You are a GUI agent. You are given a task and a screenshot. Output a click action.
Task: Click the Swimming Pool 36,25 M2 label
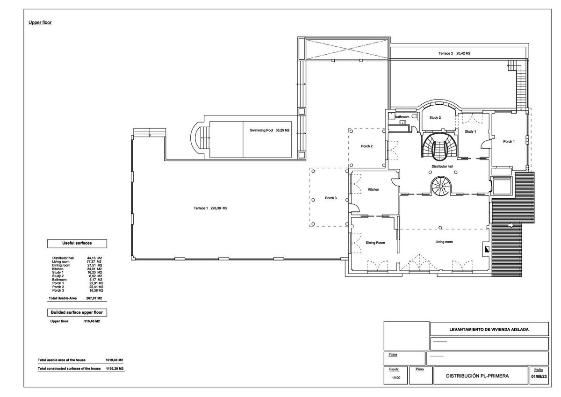[270, 130]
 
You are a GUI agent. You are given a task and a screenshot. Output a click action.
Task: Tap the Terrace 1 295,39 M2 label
[210, 208]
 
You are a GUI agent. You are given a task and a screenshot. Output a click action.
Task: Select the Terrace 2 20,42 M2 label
[454, 54]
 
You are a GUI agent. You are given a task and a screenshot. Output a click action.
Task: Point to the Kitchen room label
[373, 189]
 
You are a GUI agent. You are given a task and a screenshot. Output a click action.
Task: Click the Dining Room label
[375, 243]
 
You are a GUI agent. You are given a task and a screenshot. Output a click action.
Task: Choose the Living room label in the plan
[444, 242]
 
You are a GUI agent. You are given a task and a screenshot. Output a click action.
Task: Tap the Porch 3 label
[331, 198]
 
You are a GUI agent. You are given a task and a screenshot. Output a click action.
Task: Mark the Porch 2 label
[367, 146]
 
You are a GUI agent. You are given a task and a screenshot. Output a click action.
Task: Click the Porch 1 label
[508, 141]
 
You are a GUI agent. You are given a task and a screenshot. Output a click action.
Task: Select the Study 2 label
[434, 118]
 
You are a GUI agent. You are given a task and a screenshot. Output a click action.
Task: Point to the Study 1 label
[470, 131]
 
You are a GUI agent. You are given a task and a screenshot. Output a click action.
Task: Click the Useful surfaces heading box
[77, 244]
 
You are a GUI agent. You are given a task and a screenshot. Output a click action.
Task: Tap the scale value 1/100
[395, 377]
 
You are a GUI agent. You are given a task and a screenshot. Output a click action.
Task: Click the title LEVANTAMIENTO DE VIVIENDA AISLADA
[489, 329]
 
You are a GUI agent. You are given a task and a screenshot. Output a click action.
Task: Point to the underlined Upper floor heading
[40, 22]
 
